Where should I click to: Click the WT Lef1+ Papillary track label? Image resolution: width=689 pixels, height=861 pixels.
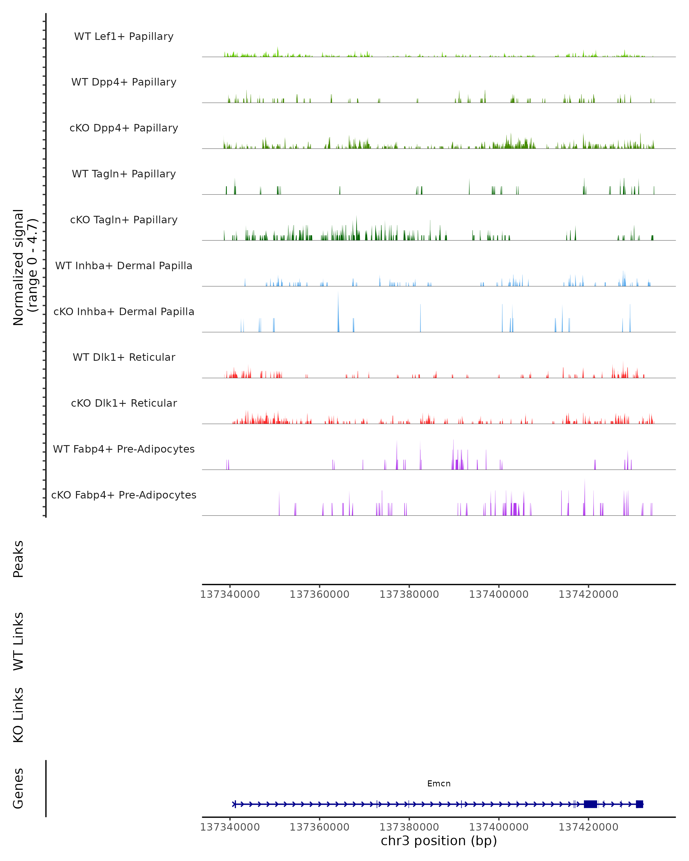point(124,36)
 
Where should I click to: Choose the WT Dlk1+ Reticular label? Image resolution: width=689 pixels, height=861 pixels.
point(124,357)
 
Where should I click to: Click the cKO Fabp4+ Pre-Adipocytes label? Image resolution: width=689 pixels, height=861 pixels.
point(124,495)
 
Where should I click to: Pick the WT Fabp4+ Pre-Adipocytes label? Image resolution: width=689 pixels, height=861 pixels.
point(124,449)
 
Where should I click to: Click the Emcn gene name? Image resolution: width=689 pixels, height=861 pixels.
point(439,784)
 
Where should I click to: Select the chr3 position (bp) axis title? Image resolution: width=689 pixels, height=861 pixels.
point(439,841)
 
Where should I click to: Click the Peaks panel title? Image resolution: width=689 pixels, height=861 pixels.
point(18,559)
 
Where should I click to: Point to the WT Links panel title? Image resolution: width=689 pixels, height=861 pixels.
point(18,641)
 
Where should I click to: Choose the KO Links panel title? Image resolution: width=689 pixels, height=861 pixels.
point(18,715)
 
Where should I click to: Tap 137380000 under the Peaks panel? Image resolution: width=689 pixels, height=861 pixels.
point(409,594)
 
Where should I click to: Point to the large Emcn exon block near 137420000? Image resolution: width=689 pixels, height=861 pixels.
point(590,804)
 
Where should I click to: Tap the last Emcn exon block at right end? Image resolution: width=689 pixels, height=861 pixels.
point(639,804)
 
